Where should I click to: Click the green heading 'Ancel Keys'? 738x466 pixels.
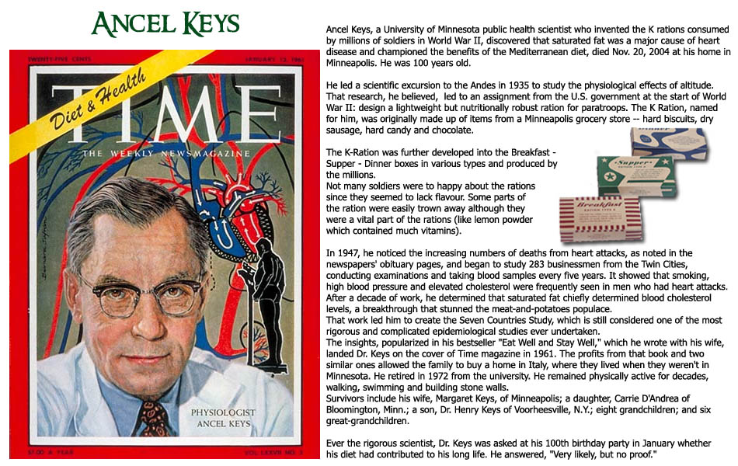pyautogui.click(x=165, y=25)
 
